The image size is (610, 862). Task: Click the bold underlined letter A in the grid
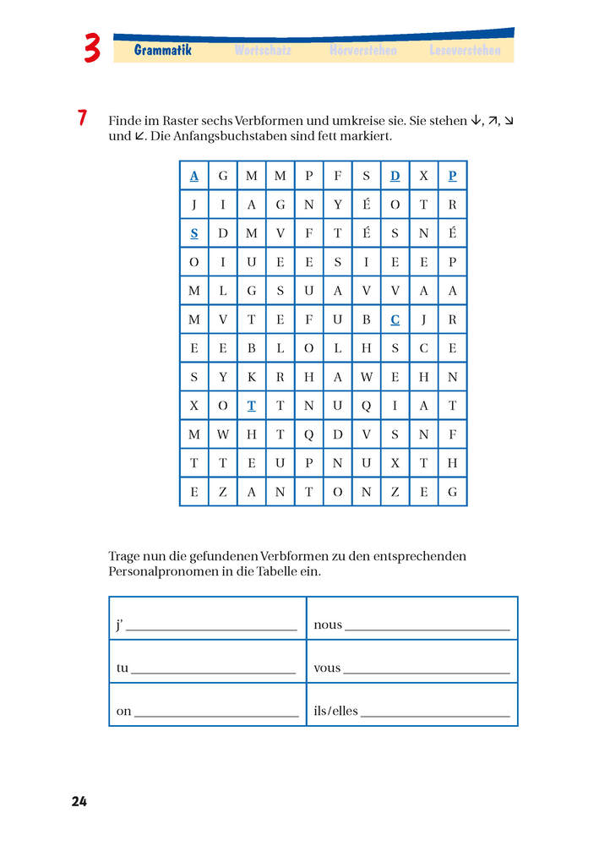[x=194, y=176]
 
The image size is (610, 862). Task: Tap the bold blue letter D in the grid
[x=395, y=176]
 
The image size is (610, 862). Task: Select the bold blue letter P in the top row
[x=453, y=176]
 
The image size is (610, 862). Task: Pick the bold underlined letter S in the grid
[x=194, y=233]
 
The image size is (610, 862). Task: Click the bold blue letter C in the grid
[x=395, y=319]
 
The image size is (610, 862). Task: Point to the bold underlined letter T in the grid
[x=251, y=406]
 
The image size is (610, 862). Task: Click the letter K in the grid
[x=251, y=377]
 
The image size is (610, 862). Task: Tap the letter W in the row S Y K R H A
[x=366, y=377]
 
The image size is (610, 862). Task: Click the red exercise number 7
[x=82, y=118]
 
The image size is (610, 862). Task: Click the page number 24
[x=79, y=801]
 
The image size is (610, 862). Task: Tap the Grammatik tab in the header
[x=163, y=51]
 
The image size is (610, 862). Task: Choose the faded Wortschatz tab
[x=263, y=51]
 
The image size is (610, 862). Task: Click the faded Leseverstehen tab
[x=465, y=51]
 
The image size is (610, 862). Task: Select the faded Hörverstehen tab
[x=362, y=51]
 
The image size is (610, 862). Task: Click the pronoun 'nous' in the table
[x=328, y=625]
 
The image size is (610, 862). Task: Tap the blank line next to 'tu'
[x=214, y=672]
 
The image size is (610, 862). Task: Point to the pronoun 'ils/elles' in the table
[x=335, y=712]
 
